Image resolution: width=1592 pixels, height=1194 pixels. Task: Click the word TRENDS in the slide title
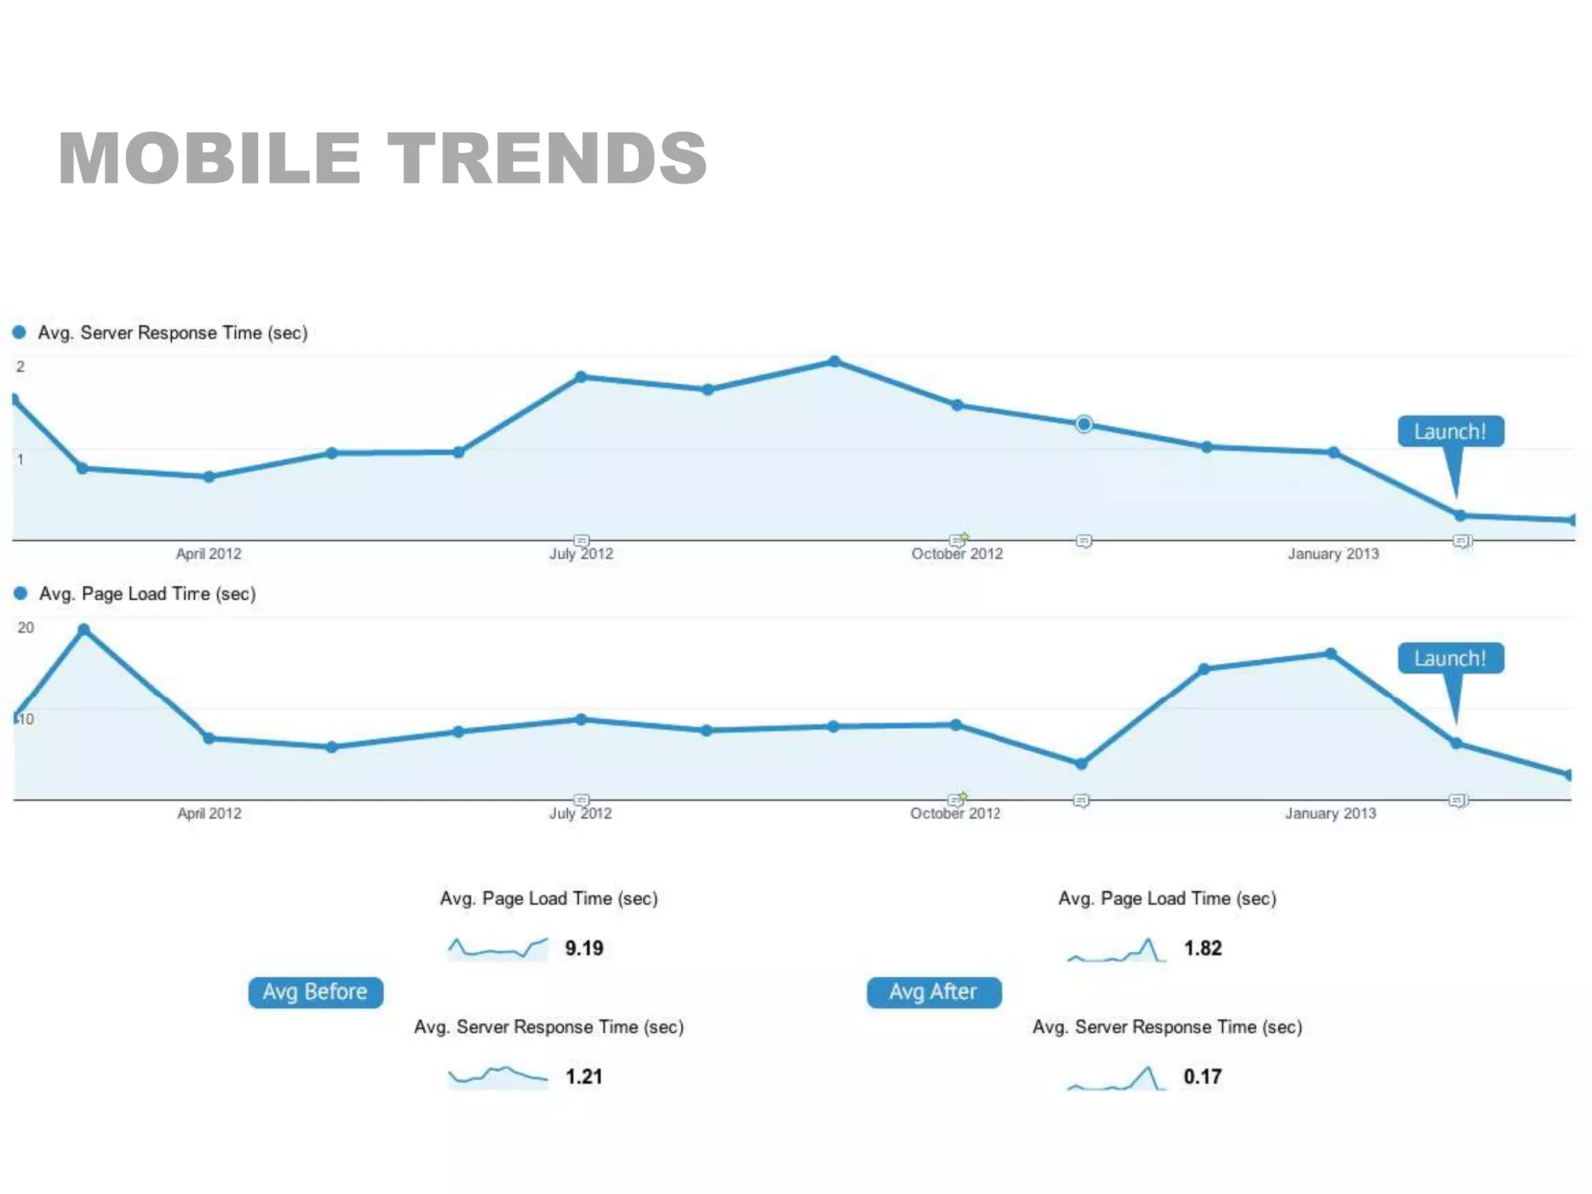[547, 159]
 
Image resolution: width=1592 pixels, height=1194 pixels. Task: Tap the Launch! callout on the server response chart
[1451, 431]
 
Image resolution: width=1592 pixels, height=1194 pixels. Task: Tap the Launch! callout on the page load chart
[1451, 658]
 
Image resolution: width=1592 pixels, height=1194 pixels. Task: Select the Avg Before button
[316, 992]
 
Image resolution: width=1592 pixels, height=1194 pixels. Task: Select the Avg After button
[934, 992]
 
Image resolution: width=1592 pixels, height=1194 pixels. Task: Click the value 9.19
[584, 948]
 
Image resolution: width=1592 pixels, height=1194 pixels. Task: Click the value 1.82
[1203, 948]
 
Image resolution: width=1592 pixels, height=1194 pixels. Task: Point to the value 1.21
[584, 1077]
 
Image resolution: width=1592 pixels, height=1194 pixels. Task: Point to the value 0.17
[1203, 1077]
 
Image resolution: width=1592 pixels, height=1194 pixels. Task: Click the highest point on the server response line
[834, 361]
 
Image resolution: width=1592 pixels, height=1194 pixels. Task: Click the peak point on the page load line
[84, 630]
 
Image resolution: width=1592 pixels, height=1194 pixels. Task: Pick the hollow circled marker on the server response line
[1084, 424]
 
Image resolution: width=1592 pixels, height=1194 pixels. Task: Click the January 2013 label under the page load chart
[1330, 813]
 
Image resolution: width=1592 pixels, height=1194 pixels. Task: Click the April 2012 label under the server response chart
[208, 553]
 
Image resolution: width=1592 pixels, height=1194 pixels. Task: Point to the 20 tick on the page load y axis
[26, 627]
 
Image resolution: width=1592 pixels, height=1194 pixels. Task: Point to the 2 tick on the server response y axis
[20, 366]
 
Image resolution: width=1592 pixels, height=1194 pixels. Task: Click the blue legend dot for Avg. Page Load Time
[21, 593]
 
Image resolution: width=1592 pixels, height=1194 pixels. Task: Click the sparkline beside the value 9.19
[497, 948]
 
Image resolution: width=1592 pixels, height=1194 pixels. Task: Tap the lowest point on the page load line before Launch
[1081, 764]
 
